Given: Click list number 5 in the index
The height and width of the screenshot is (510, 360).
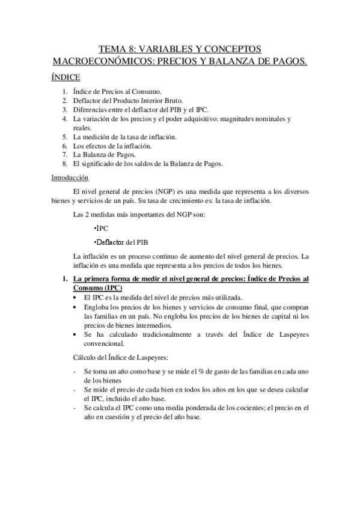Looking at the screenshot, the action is [65, 137].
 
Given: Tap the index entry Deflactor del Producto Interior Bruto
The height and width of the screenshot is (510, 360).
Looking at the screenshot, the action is [128, 101].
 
